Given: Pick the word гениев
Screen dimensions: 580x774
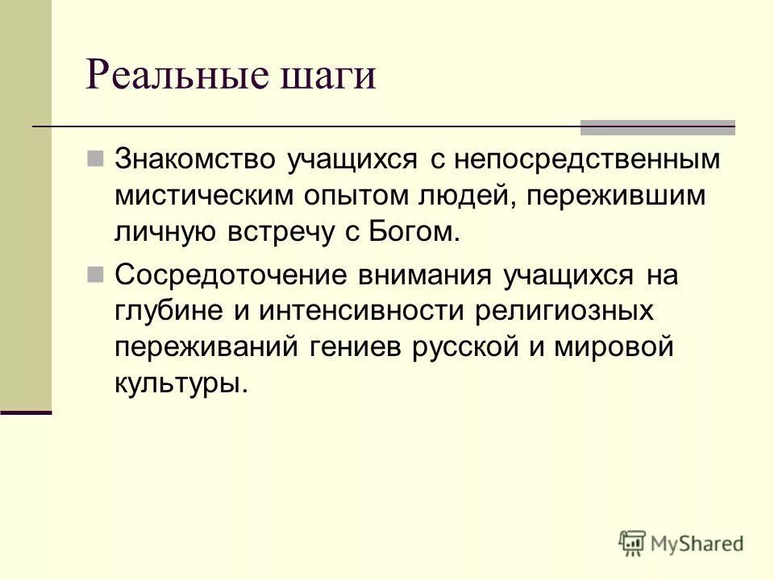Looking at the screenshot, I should coord(356,348).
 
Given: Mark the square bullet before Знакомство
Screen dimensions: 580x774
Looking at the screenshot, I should coord(95,157).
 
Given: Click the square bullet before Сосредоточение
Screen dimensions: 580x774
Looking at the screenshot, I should coord(95,275).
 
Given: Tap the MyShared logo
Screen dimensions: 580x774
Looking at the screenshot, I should coord(681,541).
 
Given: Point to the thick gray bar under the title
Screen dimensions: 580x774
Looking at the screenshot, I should coord(658,127).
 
